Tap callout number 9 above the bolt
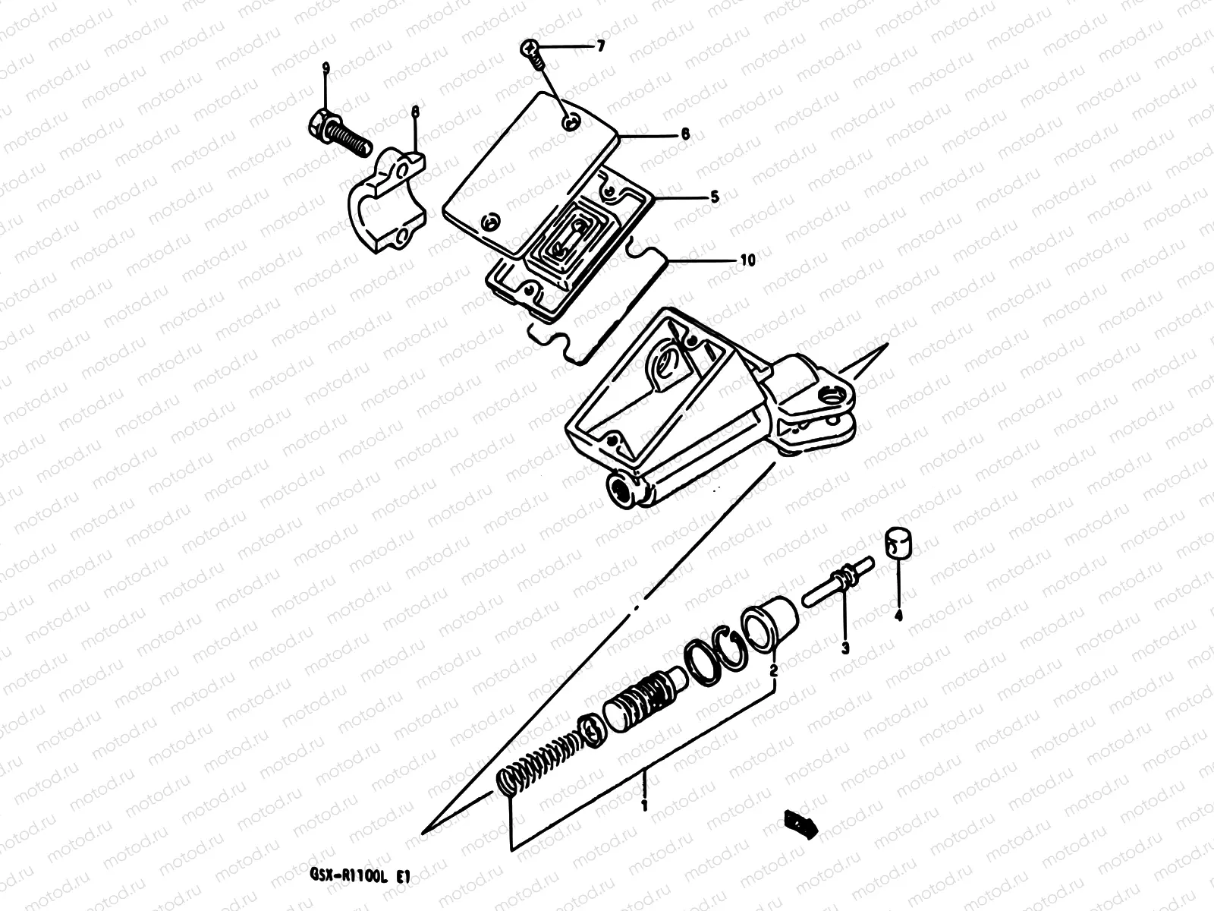[326, 69]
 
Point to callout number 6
[685, 134]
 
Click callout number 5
[714, 197]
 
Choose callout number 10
[747, 260]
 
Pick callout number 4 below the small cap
[898, 616]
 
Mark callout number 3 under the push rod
[844, 647]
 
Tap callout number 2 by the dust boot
[773, 671]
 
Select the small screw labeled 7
[532, 55]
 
